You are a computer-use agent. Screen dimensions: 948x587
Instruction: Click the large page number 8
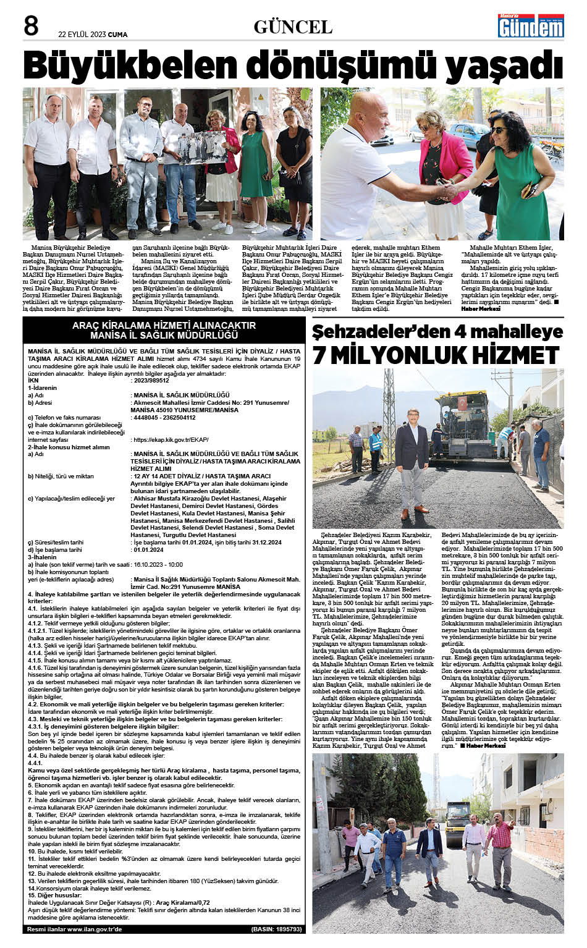(31, 25)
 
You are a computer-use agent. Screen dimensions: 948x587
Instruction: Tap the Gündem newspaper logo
(531, 26)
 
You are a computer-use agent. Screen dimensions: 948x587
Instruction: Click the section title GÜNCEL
(293, 27)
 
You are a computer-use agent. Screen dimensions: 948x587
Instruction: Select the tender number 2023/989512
(151, 381)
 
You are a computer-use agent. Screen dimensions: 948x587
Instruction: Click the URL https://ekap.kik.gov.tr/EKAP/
(169, 440)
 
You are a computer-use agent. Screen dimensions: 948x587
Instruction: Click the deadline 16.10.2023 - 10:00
(158, 564)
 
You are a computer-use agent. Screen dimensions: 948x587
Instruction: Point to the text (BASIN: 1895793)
(276, 929)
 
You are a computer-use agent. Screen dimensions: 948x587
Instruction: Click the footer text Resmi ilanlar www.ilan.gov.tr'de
(75, 929)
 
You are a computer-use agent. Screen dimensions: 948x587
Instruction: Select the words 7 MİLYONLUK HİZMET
(436, 355)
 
